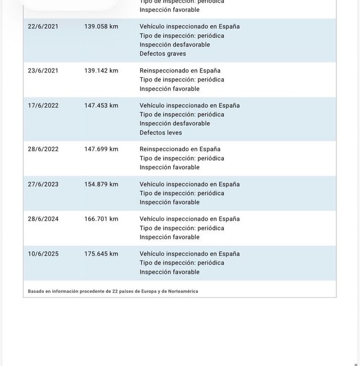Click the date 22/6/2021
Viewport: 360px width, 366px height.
tap(43, 26)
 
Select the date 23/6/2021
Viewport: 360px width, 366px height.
tap(43, 71)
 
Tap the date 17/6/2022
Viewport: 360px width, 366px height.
tap(43, 106)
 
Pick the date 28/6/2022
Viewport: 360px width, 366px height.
tap(43, 150)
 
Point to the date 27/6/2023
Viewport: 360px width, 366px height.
tap(43, 184)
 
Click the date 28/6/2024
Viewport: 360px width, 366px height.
tap(43, 219)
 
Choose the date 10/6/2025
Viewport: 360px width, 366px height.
tap(43, 254)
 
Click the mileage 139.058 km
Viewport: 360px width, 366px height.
tap(101, 26)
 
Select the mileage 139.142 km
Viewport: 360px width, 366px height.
tap(101, 71)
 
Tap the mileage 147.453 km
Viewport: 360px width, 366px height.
tap(101, 106)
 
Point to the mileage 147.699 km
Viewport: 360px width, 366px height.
tap(101, 150)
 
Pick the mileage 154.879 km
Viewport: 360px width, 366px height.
tap(101, 184)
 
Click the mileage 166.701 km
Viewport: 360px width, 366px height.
tap(101, 219)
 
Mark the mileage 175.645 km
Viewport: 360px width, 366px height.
tap(101, 254)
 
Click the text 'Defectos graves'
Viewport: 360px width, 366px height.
tap(163, 54)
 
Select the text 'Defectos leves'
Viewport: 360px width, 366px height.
tap(161, 133)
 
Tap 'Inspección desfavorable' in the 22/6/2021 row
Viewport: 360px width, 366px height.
tap(175, 45)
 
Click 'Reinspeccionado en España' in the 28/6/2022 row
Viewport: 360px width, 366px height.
tap(180, 150)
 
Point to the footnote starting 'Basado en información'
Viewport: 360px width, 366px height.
tap(113, 291)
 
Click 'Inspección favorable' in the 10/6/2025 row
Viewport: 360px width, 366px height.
tap(169, 272)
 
